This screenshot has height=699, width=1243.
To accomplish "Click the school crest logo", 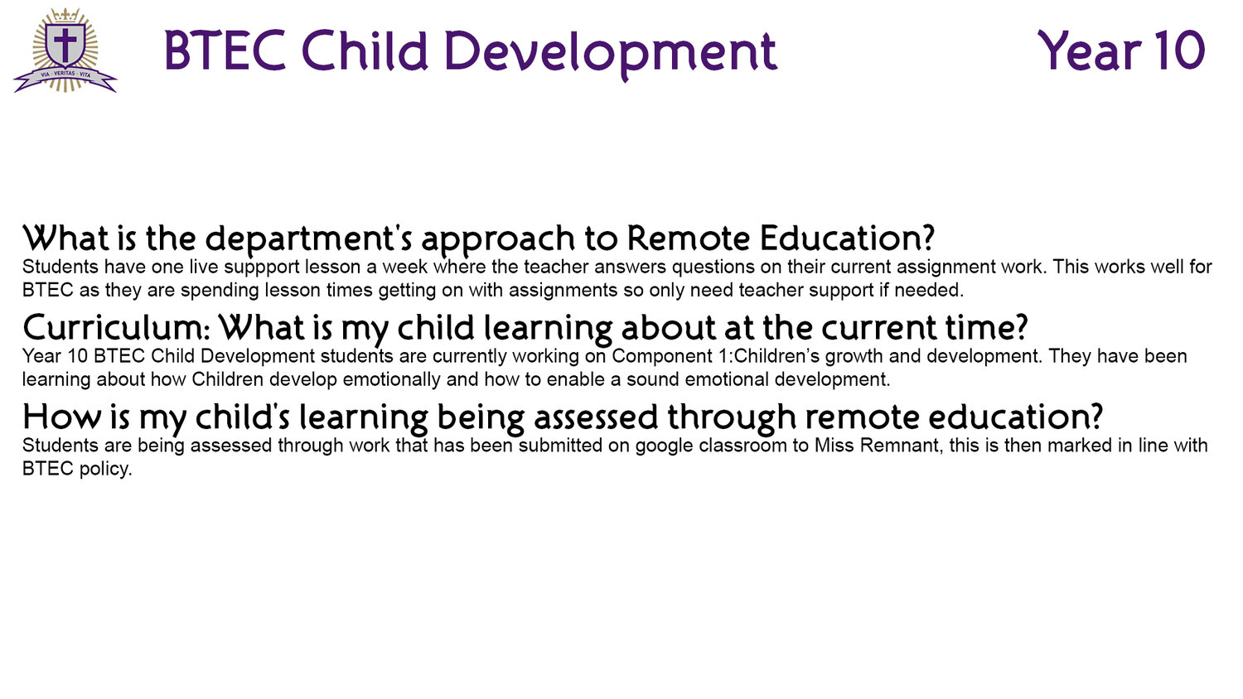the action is pos(65,50).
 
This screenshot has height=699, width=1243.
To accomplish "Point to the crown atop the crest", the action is pos(65,15).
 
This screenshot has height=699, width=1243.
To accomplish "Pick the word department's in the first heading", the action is pos(309,239).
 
